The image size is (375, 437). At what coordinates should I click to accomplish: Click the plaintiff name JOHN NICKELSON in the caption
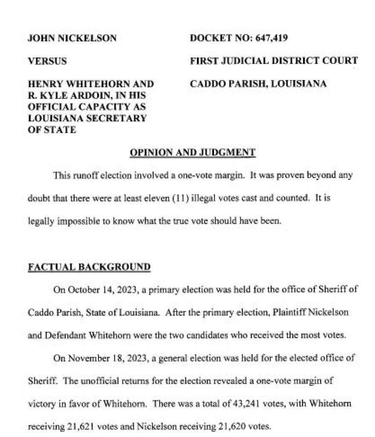[x=72, y=38]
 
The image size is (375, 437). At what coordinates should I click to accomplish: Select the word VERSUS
[x=47, y=61]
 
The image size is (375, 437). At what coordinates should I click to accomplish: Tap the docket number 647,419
[x=271, y=38]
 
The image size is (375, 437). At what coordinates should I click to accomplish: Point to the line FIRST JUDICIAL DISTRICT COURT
[x=274, y=61]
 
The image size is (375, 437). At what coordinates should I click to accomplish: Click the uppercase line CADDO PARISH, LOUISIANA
[x=258, y=84]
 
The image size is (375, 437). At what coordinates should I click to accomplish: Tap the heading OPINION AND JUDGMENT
[x=192, y=152]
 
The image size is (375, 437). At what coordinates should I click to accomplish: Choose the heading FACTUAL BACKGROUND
[x=89, y=267]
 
